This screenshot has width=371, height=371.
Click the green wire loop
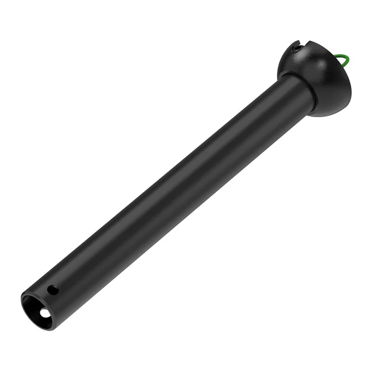click(344, 60)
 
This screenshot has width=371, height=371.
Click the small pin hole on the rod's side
click(52, 290)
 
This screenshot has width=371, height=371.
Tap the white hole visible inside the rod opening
click(44, 314)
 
